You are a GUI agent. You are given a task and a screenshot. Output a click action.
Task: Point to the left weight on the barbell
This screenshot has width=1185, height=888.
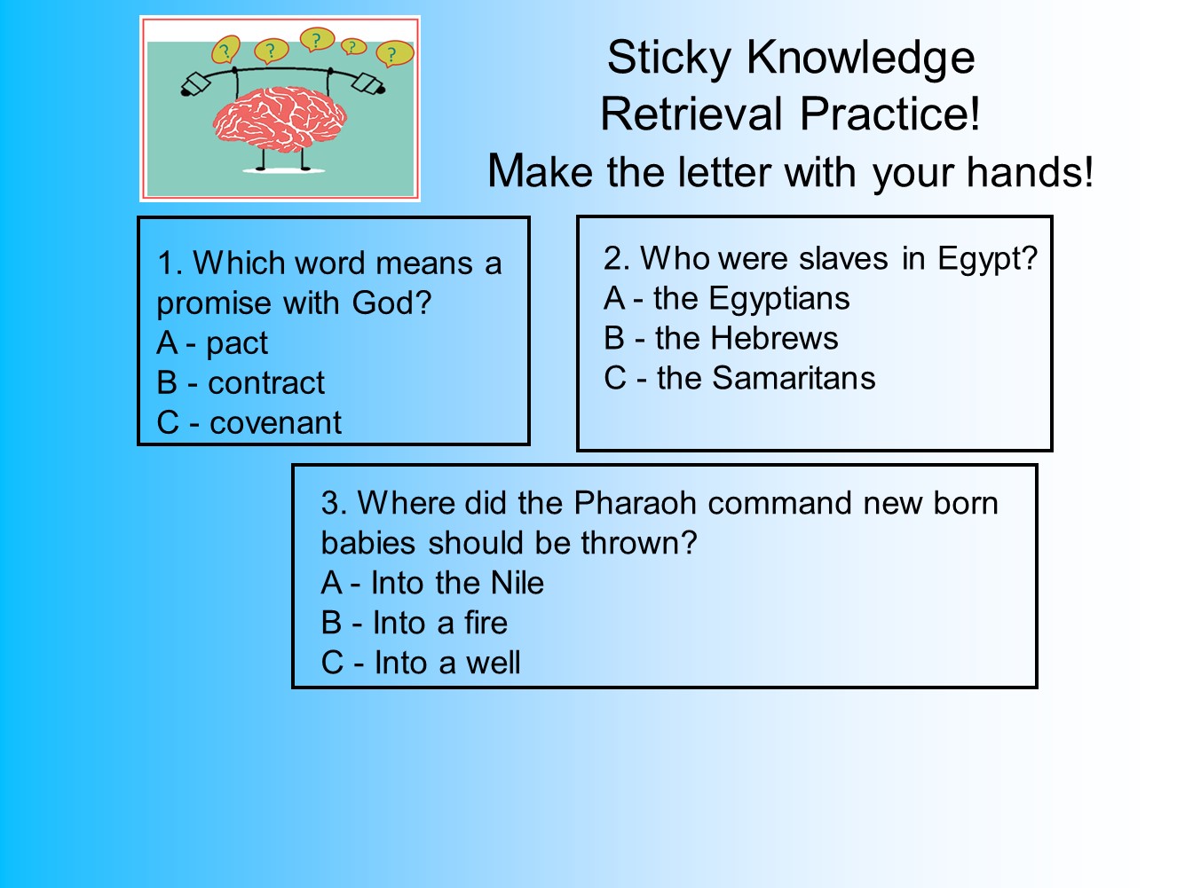(x=194, y=83)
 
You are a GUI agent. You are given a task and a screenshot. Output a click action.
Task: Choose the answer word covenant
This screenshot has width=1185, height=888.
(x=275, y=423)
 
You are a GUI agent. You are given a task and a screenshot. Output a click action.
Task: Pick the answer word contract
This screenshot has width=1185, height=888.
(x=266, y=383)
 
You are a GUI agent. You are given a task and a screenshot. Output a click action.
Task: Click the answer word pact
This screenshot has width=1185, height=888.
(x=237, y=343)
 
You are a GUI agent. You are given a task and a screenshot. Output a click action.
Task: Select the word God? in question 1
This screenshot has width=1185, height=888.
(x=391, y=303)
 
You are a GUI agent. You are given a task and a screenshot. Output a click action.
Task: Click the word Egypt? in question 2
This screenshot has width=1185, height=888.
(x=987, y=259)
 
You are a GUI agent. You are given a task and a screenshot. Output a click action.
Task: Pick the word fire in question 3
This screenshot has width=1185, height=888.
(x=486, y=623)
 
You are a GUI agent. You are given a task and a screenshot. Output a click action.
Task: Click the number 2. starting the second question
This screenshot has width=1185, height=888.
(x=616, y=259)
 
